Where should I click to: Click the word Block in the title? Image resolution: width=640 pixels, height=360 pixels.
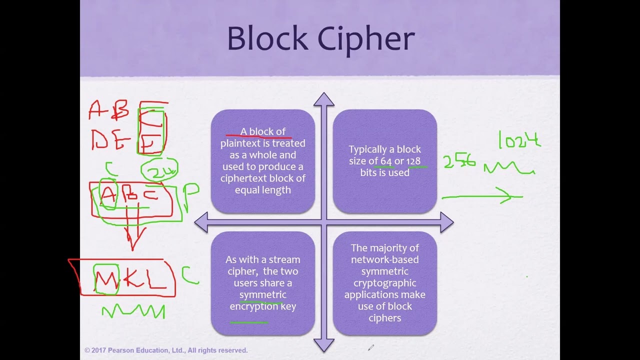pyautogui.click(x=267, y=38)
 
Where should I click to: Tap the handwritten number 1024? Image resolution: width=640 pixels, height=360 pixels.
pyautogui.click(x=519, y=139)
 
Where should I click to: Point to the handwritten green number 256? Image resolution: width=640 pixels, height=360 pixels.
pyautogui.click(x=459, y=161)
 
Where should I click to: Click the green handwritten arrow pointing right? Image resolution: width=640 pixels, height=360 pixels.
pyautogui.click(x=482, y=197)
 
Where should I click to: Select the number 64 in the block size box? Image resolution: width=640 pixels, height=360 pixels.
pyautogui.click(x=386, y=161)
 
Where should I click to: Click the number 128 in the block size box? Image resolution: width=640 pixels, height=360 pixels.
pyautogui.click(x=413, y=161)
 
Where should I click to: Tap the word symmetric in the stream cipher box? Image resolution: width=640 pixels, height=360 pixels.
pyautogui.click(x=263, y=294)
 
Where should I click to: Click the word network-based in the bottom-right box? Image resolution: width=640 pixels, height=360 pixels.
pyautogui.click(x=384, y=259)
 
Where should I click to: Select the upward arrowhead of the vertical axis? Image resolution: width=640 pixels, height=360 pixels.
pyautogui.click(x=324, y=99)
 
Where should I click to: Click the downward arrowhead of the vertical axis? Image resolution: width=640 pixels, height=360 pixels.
pyautogui.click(x=324, y=344)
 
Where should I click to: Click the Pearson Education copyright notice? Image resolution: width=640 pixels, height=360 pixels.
pyautogui.click(x=166, y=350)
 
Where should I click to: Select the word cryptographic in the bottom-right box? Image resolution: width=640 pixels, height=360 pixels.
pyautogui.click(x=384, y=283)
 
